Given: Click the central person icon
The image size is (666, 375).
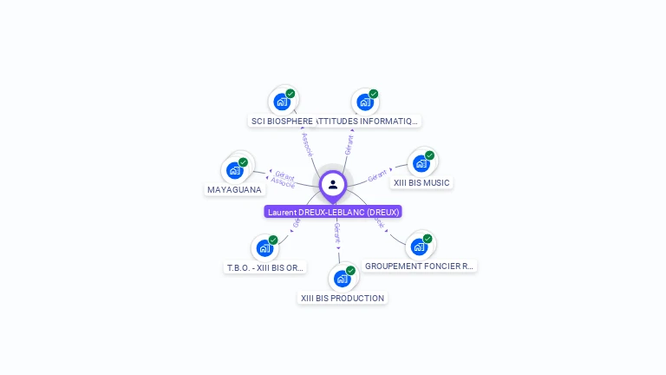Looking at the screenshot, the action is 333,184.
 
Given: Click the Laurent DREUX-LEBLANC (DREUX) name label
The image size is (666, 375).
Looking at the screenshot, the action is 333,212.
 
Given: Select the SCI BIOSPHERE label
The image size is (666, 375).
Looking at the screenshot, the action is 282,122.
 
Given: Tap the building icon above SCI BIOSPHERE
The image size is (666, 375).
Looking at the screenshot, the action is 281,102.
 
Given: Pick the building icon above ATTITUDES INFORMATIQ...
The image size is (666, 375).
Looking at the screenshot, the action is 365,102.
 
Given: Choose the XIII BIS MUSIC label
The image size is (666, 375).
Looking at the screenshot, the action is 421,183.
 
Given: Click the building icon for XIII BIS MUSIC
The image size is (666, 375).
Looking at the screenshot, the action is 421,163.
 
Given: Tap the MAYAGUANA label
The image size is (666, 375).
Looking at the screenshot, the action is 234,189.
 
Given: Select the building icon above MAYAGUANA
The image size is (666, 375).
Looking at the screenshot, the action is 234,170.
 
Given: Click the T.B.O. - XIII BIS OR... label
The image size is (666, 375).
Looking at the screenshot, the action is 265,267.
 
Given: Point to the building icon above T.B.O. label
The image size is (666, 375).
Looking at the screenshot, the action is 264,248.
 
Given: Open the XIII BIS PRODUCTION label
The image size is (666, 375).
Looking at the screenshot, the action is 342,298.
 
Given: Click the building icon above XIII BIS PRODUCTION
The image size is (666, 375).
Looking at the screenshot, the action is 342,279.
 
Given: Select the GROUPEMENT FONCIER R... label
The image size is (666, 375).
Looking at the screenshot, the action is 420,266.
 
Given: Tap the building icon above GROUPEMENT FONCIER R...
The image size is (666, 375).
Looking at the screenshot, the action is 419,247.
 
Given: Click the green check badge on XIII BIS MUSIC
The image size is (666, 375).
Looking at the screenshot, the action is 429,155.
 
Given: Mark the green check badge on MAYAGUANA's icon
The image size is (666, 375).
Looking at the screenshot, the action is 243,162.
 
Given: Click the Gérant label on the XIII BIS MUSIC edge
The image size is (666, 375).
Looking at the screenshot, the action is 377,176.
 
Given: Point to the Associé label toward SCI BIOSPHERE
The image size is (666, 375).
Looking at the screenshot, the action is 306,144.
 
